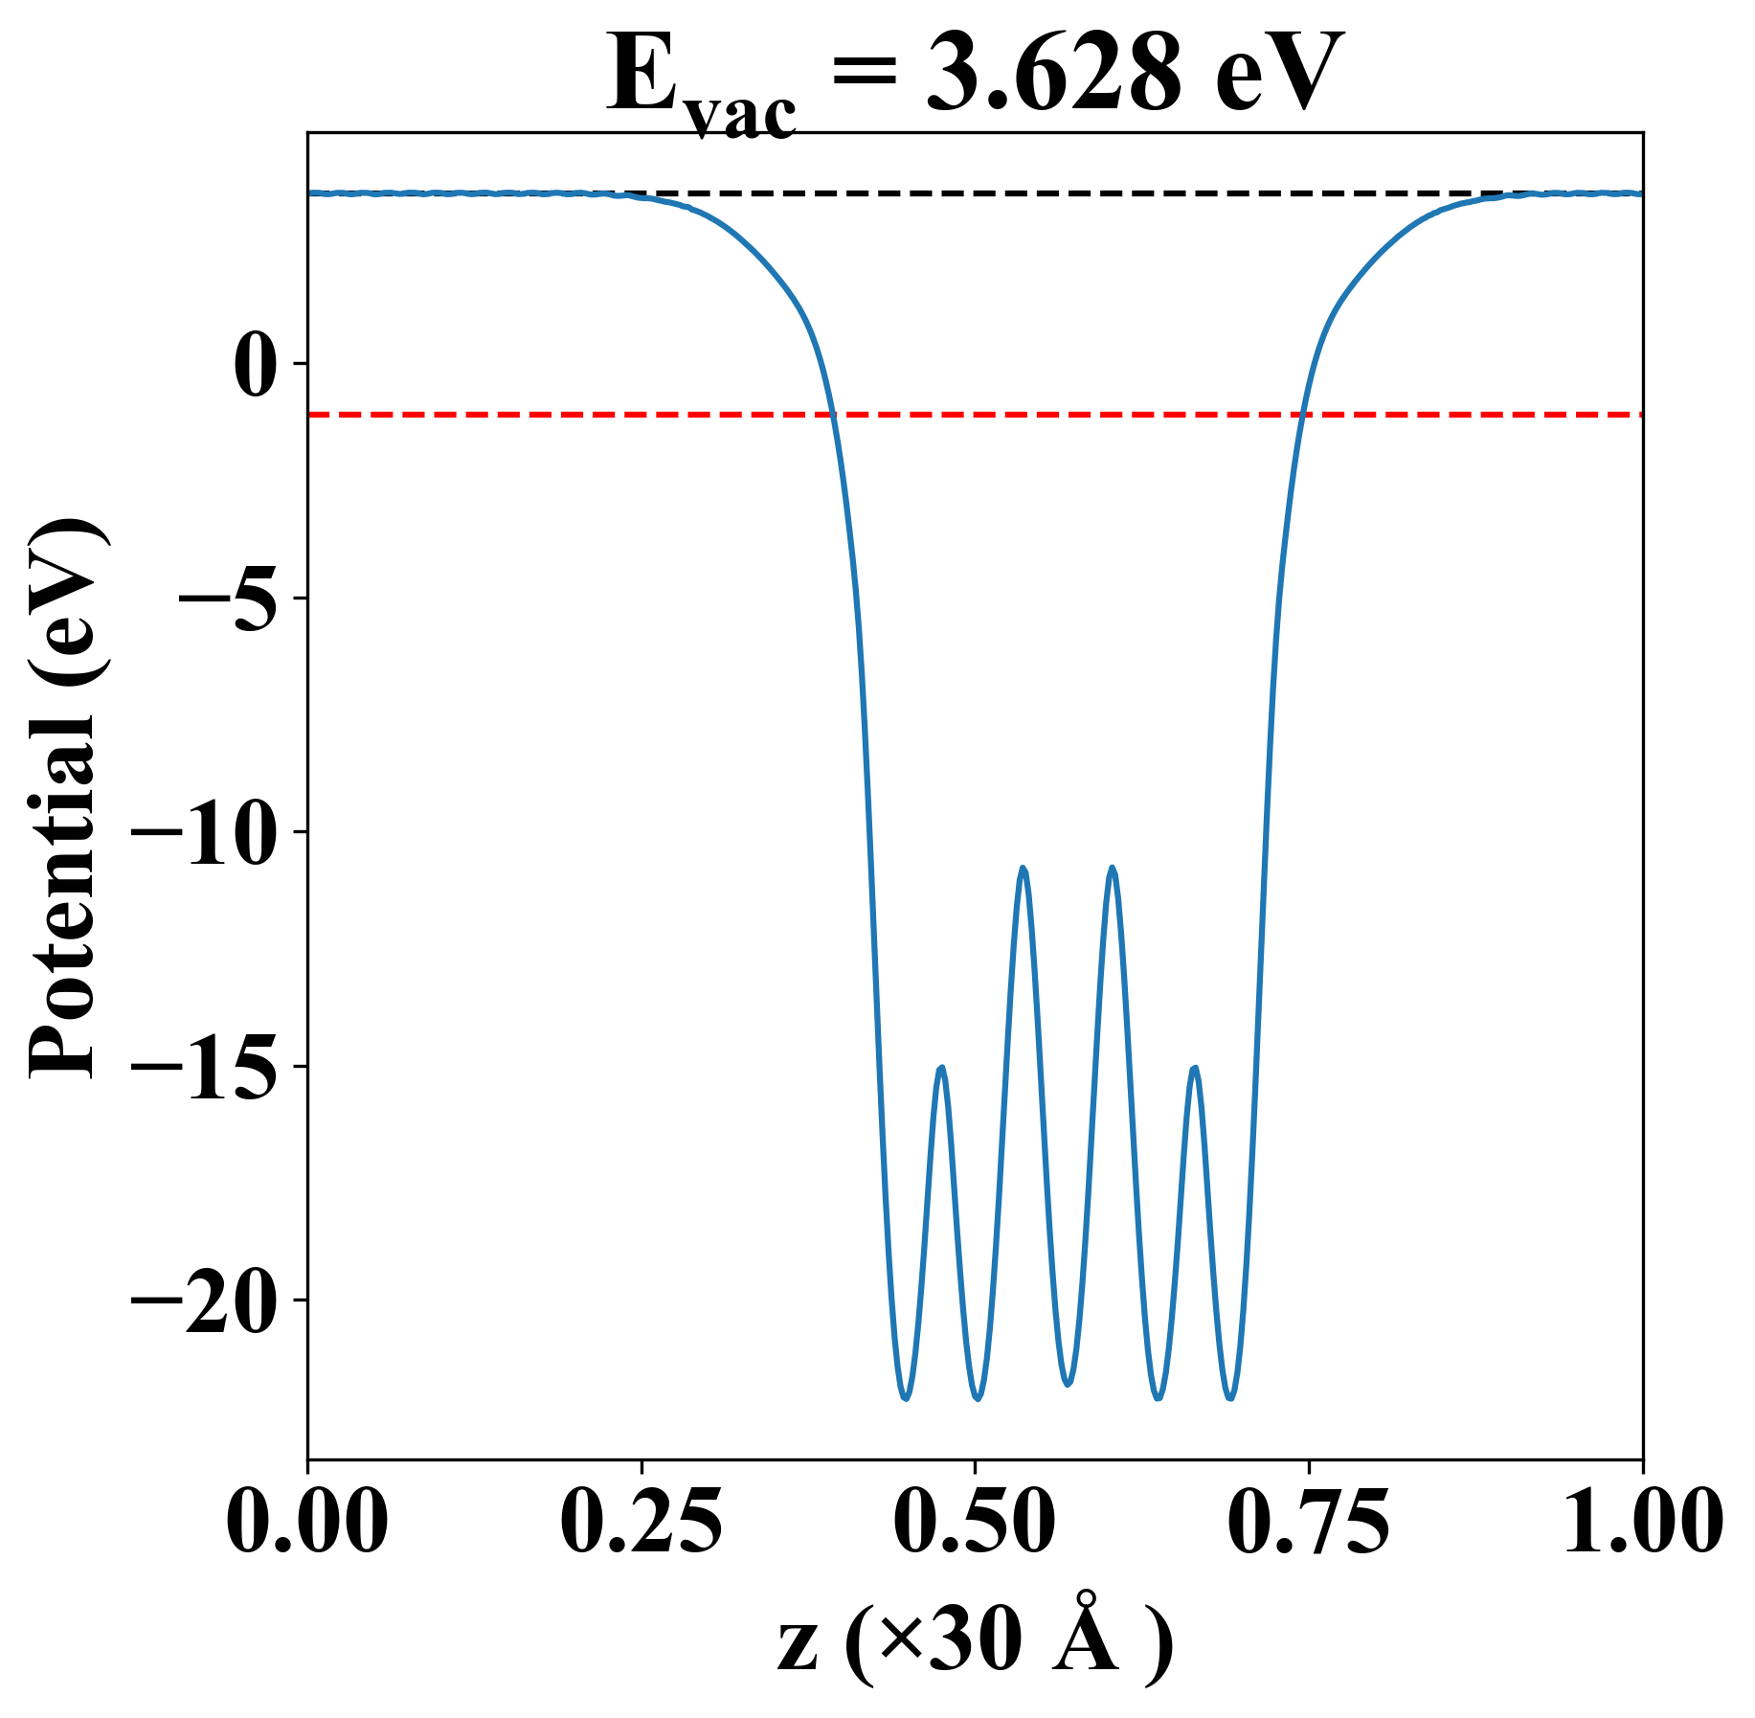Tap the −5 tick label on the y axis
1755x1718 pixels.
[230, 599]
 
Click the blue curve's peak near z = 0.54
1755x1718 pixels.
[1024, 868]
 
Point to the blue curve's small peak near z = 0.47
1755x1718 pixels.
[943, 1067]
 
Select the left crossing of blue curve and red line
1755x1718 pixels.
[833, 415]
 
